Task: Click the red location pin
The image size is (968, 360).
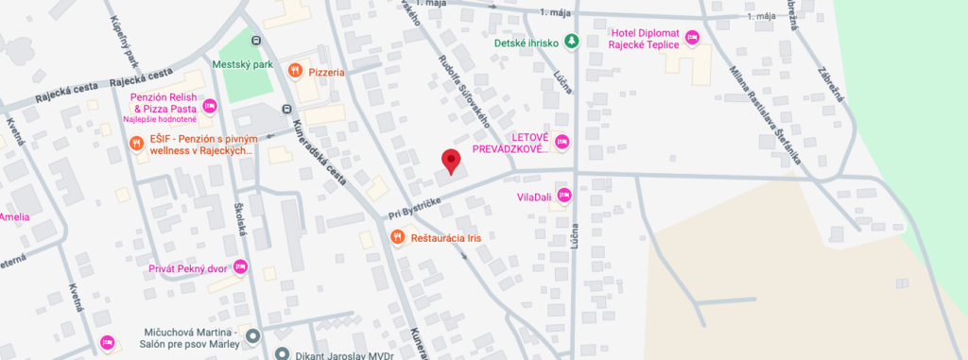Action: tap(451, 162)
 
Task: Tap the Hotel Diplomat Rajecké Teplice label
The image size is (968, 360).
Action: tap(643, 37)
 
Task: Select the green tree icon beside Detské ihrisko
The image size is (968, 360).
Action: tap(571, 42)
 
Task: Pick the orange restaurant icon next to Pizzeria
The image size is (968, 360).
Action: tap(296, 71)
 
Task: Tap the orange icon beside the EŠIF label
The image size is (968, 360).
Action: tap(137, 144)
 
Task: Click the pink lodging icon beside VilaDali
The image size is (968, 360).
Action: tap(564, 196)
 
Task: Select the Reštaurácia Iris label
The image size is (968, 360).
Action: tap(445, 237)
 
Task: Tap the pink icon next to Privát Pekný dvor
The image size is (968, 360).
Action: tap(240, 268)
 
